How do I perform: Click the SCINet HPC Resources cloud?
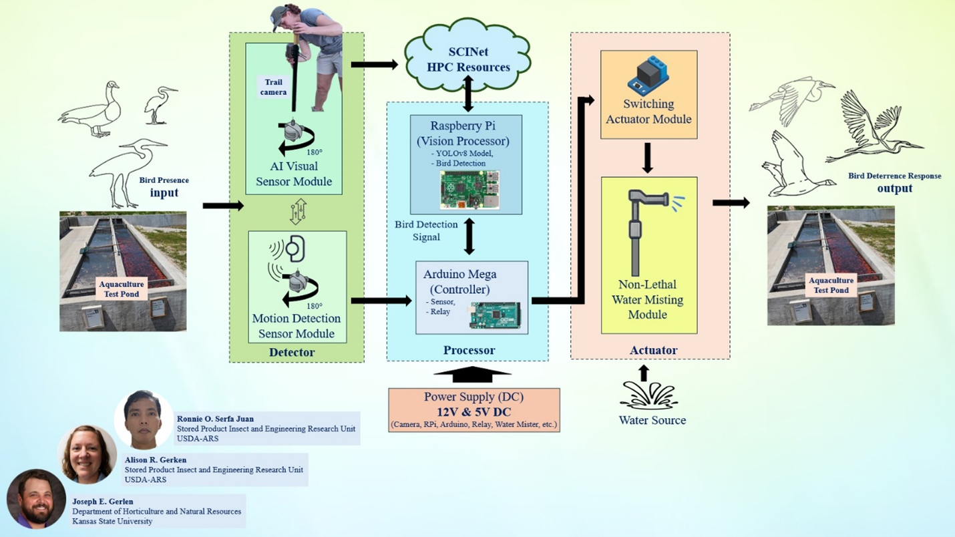[x=467, y=59]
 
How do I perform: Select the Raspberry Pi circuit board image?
[x=469, y=190]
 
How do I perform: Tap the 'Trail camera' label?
[x=273, y=87]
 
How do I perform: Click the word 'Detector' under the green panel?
[x=292, y=352]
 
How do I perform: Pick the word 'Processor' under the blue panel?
[x=469, y=350]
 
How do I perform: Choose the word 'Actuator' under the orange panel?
[x=653, y=350]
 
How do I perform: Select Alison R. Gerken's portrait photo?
[x=87, y=455]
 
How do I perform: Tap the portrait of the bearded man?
[x=36, y=499]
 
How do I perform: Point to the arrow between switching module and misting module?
[x=647, y=158]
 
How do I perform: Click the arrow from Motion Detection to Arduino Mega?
[x=381, y=301]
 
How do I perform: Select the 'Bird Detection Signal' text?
[x=426, y=230]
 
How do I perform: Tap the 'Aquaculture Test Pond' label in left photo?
[x=122, y=289]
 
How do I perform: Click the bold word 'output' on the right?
[x=894, y=188]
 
